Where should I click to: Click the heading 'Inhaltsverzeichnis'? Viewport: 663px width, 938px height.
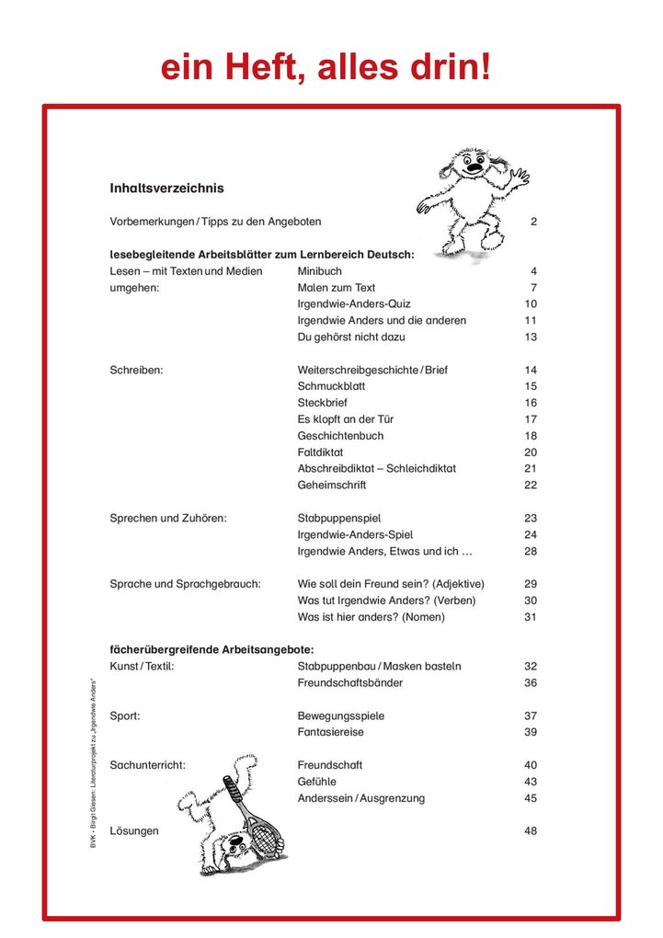point(166,189)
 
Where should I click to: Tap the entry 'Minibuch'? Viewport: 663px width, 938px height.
point(319,271)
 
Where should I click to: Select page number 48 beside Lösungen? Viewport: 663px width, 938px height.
point(531,831)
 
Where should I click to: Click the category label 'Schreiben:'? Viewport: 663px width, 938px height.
point(136,371)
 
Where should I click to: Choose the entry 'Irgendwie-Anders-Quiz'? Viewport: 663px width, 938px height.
point(354,304)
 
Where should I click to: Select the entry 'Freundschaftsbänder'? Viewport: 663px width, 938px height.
point(350,683)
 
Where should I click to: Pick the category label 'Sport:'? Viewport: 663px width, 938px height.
point(125,716)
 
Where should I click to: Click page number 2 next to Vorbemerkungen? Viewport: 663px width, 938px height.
point(533,223)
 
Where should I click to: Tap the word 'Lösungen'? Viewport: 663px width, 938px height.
point(134,831)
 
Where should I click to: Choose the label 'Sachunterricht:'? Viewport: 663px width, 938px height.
point(148,765)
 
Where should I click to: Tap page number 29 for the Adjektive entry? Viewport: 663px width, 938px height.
point(531,584)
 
